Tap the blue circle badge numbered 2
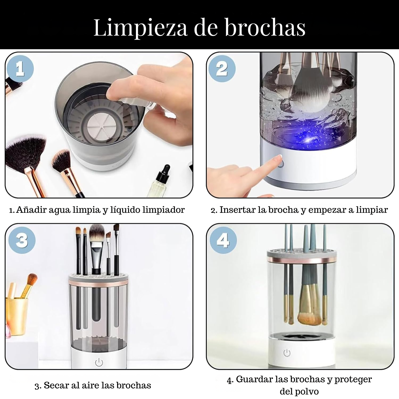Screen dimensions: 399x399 point(222,69)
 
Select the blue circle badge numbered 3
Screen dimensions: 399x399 point(22,240)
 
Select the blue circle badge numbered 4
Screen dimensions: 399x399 point(223,240)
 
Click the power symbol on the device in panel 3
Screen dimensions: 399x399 point(99,362)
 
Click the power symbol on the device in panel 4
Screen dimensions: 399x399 point(287,353)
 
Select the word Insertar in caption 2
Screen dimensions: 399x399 point(238,210)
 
